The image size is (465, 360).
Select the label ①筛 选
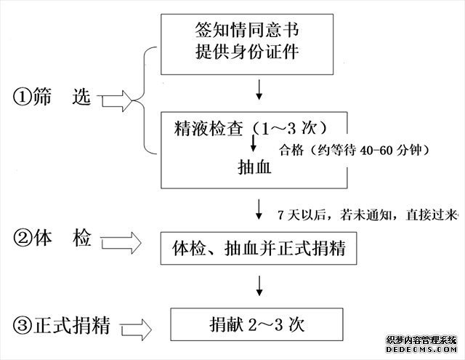52,97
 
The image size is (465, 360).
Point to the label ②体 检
52,238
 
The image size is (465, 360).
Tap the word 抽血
255,167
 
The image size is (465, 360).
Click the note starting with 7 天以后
368,215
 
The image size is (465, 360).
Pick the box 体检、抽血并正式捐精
259,249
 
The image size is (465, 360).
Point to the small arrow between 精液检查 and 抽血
254,146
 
